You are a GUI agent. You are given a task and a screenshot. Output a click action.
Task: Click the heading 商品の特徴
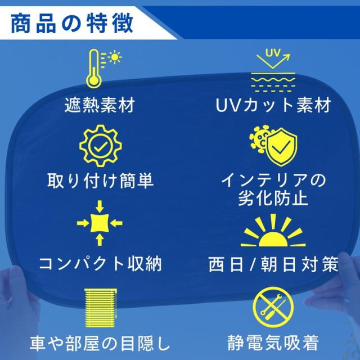[71, 23]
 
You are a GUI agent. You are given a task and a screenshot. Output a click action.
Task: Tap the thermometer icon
[94, 69]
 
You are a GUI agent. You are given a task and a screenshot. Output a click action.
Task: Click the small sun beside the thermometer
[115, 57]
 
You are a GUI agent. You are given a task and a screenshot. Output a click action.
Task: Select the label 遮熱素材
[100, 105]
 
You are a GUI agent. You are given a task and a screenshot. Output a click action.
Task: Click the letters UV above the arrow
[273, 53]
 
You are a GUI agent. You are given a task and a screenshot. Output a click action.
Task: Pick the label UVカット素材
[273, 105]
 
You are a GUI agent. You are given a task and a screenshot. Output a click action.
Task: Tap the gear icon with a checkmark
[101, 146]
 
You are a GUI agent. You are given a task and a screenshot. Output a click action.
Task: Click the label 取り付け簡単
[100, 181]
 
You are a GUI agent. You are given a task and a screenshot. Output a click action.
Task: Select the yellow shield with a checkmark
[281, 147]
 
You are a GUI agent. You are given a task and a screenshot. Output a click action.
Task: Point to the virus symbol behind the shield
[259, 138]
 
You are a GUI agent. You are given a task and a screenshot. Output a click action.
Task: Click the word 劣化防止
[273, 198]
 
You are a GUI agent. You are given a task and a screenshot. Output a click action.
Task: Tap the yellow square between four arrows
[100, 223]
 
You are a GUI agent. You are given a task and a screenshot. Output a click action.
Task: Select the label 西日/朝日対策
[273, 264]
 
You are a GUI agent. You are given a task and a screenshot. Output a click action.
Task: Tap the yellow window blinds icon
[101, 308]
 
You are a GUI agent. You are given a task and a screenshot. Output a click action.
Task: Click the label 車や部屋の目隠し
[100, 344]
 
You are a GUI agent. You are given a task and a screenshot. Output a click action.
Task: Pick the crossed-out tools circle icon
[273, 308]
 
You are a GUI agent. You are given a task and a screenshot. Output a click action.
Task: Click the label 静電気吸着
[273, 343]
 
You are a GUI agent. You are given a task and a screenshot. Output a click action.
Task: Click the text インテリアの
[273, 180]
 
